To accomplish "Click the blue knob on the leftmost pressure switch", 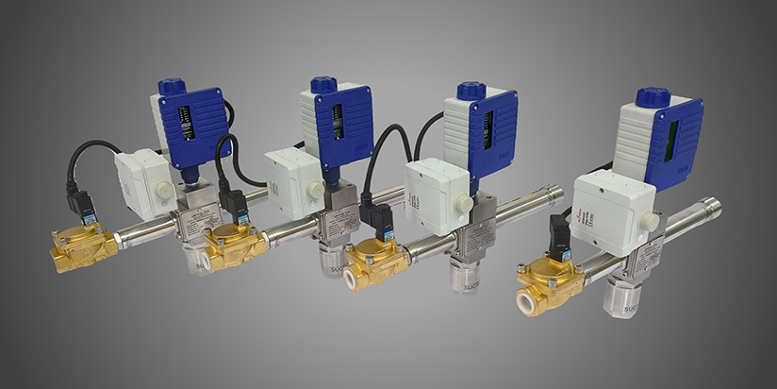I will pyautogui.click(x=172, y=87).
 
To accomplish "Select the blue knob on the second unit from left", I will pyautogui.click(x=323, y=84).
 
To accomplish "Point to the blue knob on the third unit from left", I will pyautogui.click(x=471, y=91).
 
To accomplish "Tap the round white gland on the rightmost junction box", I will pyautogui.click(x=648, y=222).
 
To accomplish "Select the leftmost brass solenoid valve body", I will pyautogui.click(x=82, y=246).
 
